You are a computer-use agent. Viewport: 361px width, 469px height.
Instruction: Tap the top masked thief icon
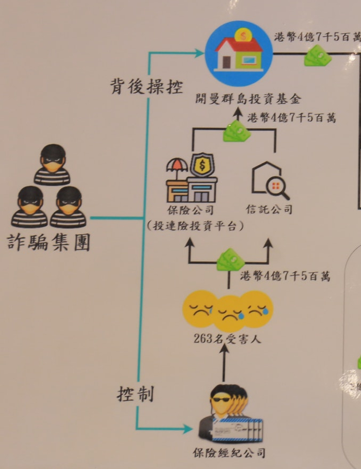tap(52, 164)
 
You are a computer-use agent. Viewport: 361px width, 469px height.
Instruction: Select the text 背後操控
tap(146, 86)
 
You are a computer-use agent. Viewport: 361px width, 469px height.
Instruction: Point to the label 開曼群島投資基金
tap(248, 99)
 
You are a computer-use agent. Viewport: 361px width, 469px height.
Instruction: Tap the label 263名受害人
tap(225, 339)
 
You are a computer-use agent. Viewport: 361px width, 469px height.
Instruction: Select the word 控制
tap(135, 395)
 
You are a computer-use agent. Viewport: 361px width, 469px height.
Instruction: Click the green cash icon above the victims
tap(230, 259)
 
